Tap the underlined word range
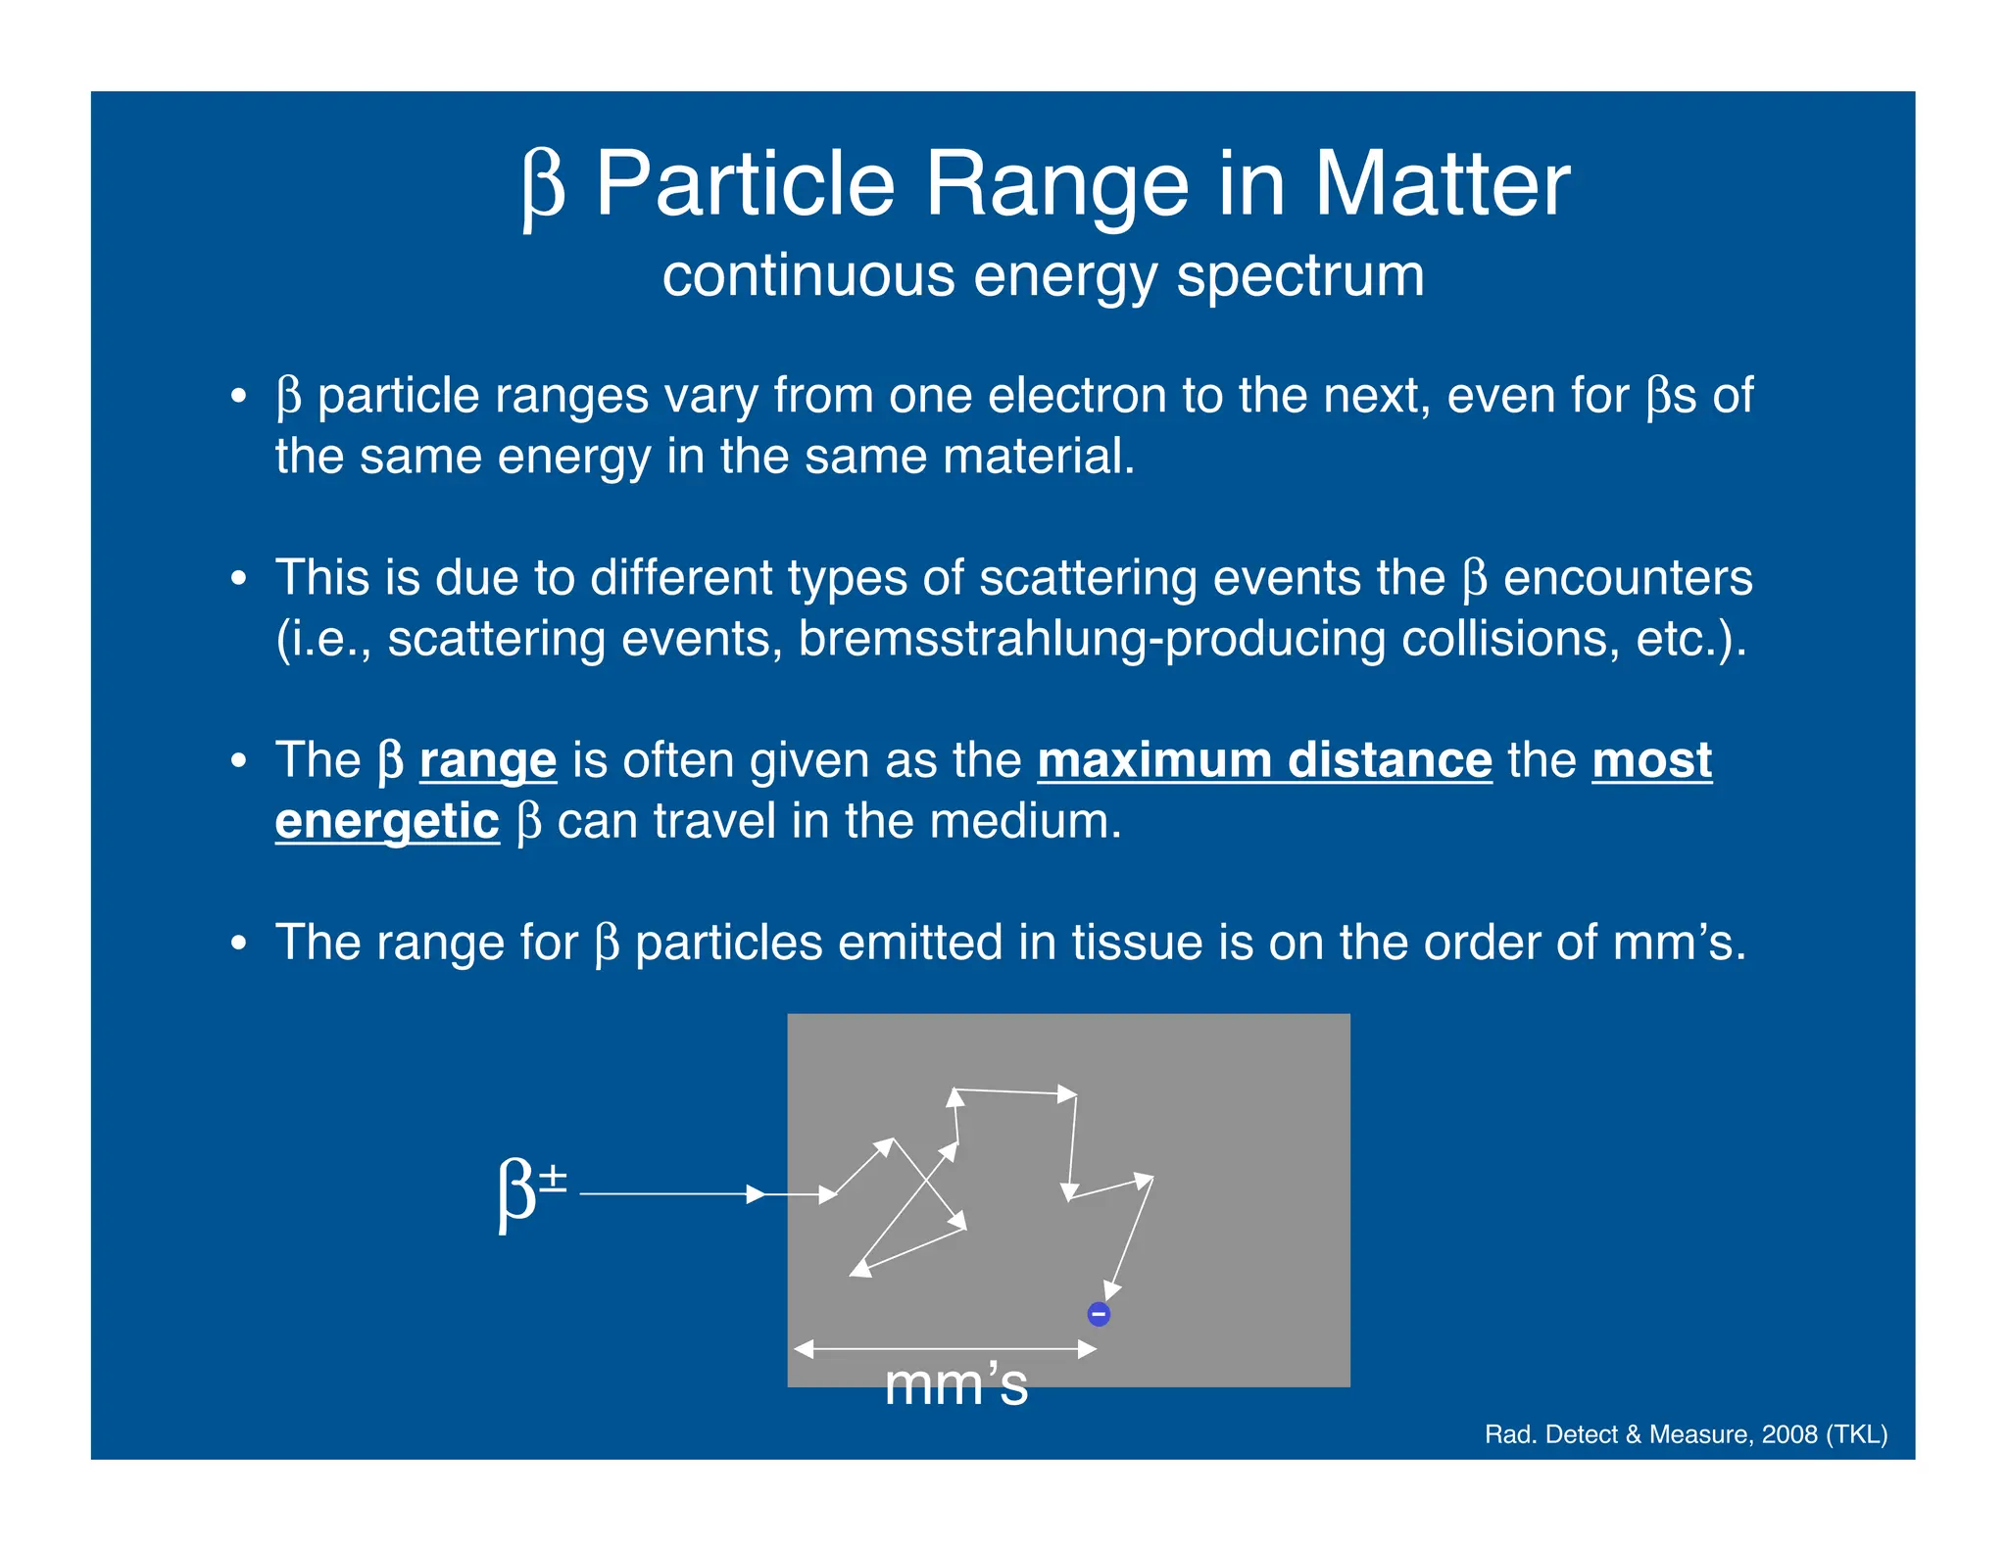pyautogui.click(x=488, y=760)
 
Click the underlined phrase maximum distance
pyautogui.click(x=1264, y=760)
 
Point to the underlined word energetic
pyautogui.click(x=387, y=821)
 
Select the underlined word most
pyautogui.click(x=1651, y=760)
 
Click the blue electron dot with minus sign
pyautogui.click(x=1099, y=1314)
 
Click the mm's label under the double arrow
pyautogui.click(x=955, y=1384)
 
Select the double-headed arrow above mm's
pyautogui.click(x=945, y=1349)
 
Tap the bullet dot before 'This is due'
pyautogui.click(x=238, y=579)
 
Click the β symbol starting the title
pyautogui.click(x=544, y=186)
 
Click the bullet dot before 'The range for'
pyautogui.click(x=238, y=944)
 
